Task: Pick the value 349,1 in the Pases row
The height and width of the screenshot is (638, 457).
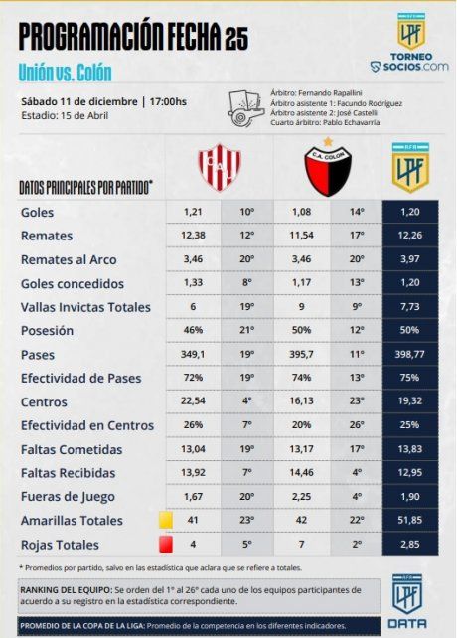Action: pos(194,353)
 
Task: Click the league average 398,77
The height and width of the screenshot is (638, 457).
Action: pos(409,353)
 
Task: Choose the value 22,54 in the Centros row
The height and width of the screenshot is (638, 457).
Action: pos(194,400)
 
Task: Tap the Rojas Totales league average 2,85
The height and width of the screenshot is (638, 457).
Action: pos(409,545)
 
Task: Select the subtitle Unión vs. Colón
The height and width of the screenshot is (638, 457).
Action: pos(65,73)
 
